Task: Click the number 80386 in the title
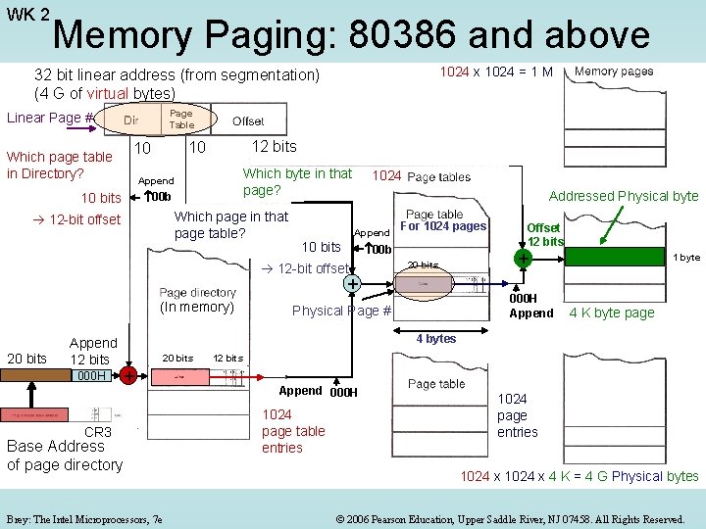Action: click(398, 35)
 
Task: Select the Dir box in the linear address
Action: click(130, 120)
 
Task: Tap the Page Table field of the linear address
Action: click(181, 120)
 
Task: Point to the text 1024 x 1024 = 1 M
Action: click(495, 72)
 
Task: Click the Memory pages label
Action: click(614, 72)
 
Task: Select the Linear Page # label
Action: click(50, 119)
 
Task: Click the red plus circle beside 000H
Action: click(128, 376)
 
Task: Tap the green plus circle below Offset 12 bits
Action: click(524, 258)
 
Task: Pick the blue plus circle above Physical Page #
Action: click(351, 284)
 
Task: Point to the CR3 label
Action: click(98, 432)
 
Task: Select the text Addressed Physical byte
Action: click(623, 196)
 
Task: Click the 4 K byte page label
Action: click(612, 313)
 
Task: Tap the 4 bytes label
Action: click(435, 339)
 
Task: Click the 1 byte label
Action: click(685, 258)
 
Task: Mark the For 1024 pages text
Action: click(443, 226)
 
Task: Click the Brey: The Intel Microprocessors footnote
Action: click(84, 518)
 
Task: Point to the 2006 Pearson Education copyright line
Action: click(509, 518)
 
